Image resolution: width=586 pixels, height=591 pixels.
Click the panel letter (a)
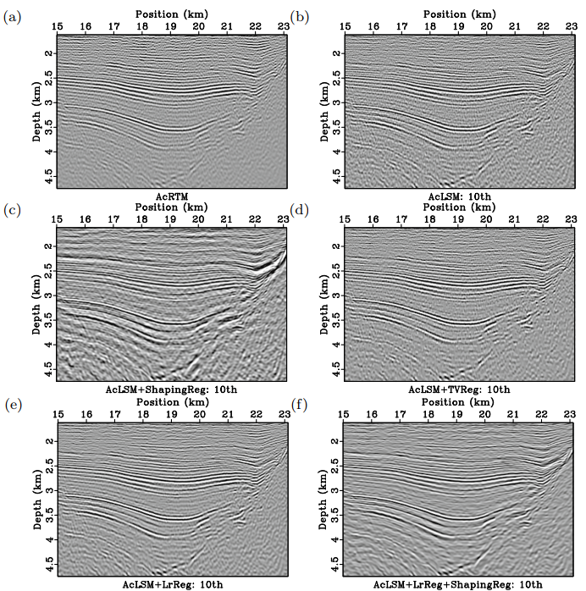(12, 15)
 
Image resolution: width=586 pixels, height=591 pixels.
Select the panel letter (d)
(299, 208)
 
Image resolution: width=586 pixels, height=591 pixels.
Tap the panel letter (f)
(299, 403)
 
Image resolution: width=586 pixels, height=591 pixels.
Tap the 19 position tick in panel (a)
(170, 26)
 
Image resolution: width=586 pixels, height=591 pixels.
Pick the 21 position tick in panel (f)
(513, 415)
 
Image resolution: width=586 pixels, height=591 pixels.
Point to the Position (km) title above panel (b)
(458, 14)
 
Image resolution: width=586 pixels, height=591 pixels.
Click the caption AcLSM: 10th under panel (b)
(458, 196)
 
